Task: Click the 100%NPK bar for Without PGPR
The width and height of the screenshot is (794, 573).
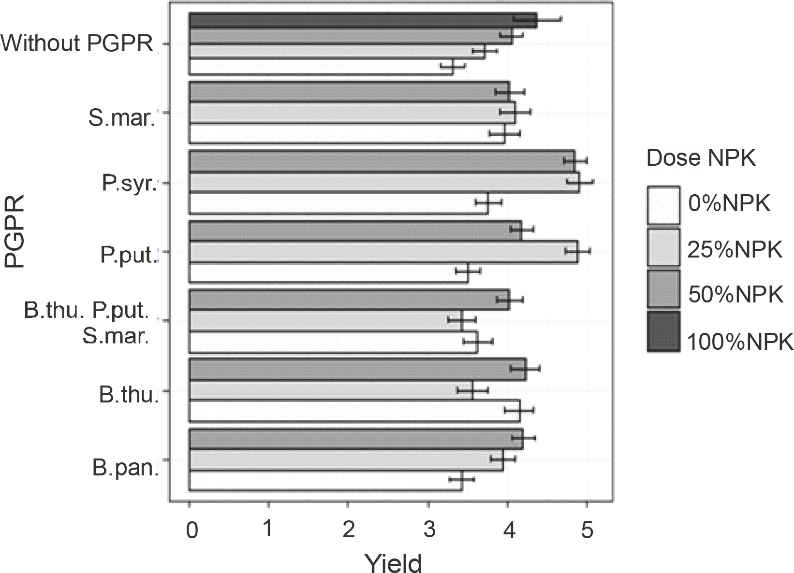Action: pos(363,21)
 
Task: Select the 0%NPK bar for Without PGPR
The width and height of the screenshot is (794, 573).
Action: pos(321,67)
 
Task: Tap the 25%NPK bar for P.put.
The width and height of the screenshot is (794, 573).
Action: pos(383,253)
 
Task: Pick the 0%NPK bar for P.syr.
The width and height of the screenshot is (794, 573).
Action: pos(338,203)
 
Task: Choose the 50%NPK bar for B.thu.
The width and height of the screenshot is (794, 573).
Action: pos(357,370)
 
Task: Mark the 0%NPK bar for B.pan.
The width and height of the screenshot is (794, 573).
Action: pos(325,481)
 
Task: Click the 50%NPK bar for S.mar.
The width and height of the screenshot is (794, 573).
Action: pos(349,91)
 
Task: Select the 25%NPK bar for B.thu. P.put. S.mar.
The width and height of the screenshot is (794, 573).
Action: pos(325,320)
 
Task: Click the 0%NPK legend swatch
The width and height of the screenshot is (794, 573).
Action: pos(663,205)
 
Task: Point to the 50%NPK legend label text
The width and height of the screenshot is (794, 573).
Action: pos(735,294)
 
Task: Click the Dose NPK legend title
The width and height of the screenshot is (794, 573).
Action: pos(701,158)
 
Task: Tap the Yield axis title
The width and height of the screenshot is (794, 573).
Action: pos(393,562)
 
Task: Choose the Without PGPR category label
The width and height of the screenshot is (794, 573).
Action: pos(77,44)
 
